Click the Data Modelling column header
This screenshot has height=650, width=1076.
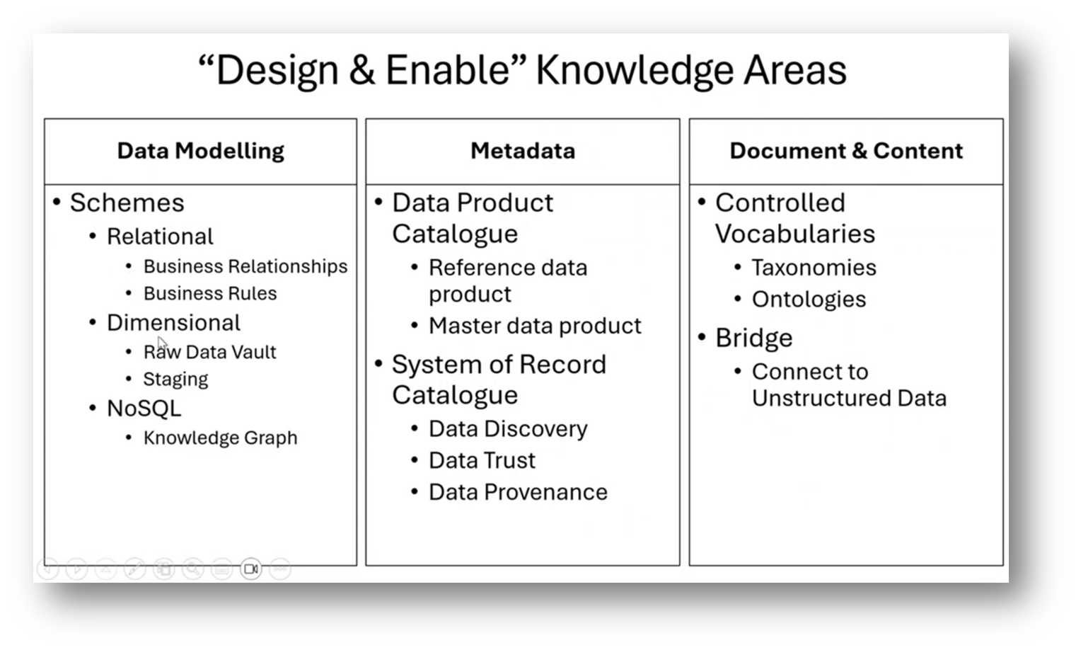201,151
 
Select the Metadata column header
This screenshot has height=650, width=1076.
523,151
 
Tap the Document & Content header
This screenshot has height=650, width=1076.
846,151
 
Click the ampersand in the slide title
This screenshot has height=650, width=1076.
361,70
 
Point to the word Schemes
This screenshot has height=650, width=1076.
127,203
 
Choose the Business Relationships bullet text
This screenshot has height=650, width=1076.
245,266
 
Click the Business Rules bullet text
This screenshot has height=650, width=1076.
210,293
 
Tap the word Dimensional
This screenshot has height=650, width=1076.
173,323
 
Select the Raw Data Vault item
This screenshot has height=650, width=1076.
209,352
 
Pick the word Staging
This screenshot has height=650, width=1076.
175,380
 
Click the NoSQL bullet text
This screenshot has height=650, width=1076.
144,409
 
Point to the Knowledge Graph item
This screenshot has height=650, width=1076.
220,438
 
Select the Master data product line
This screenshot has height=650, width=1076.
535,326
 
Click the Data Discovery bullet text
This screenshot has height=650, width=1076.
508,429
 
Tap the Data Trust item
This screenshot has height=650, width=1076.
482,460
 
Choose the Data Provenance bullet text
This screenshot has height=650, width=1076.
518,492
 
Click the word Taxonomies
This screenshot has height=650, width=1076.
814,268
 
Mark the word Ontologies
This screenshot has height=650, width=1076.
809,300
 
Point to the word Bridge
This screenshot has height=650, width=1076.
753,338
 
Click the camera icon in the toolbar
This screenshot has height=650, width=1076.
251,569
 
